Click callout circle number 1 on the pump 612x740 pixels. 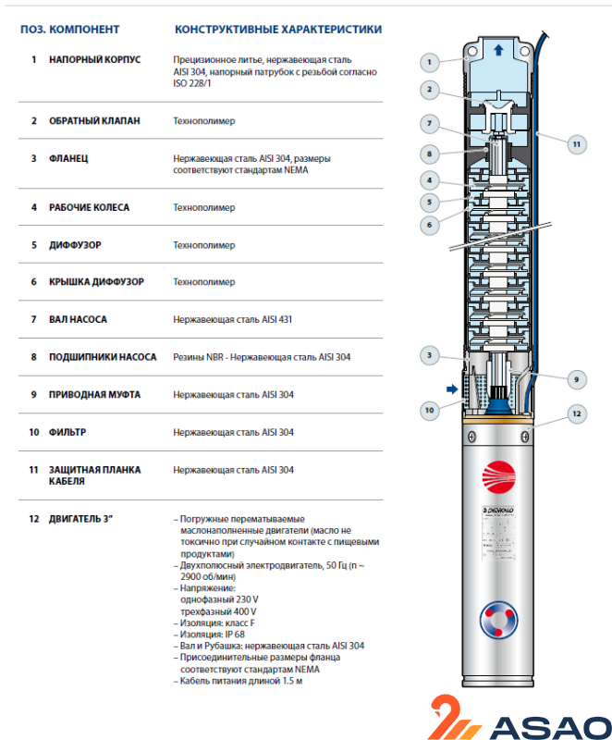[428, 63]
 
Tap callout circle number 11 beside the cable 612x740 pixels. [575, 143]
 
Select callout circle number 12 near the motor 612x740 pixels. [575, 413]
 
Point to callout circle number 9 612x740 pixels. [575, 378]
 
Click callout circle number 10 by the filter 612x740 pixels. [428, 408]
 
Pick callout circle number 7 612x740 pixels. [428, 123]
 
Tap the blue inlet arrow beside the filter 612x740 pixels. [452, 389]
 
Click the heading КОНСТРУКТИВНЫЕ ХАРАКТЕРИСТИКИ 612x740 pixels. [277, 30]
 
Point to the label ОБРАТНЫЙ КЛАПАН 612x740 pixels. [94, 121]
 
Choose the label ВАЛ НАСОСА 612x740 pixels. [79, 319]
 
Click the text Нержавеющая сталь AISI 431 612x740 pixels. [233, 319]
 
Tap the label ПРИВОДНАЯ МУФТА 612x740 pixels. [94, 394]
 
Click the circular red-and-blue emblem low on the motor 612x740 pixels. [499, 619]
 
